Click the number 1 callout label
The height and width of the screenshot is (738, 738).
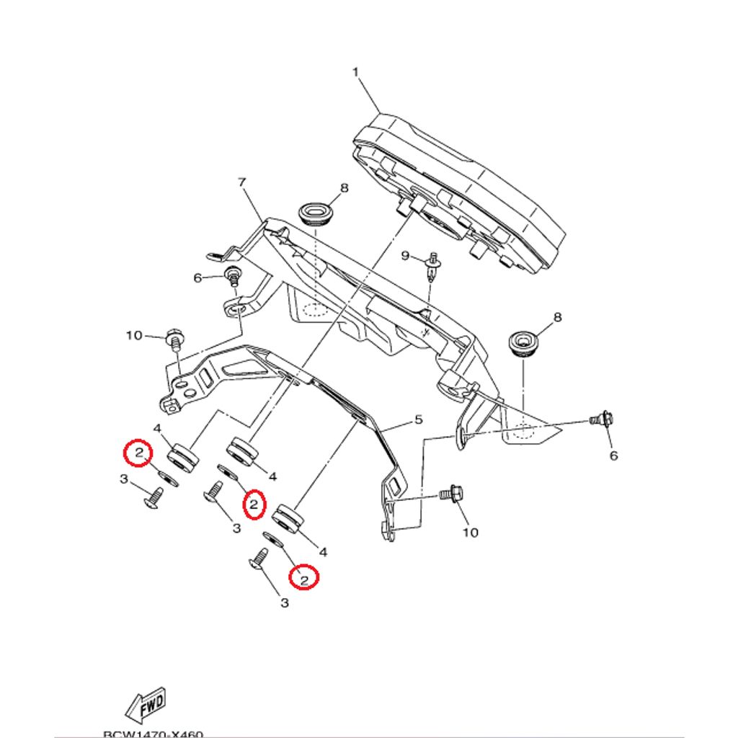click(355, 72)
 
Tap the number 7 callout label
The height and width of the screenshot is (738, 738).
click(242, 182)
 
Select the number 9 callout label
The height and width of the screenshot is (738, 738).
click(405, 256)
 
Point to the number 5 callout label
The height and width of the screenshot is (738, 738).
click(417, 419)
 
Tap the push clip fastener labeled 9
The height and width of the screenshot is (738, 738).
click(432, 264)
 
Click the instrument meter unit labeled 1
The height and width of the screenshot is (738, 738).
click(461, 191)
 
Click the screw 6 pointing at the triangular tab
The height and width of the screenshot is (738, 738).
click(601, 417)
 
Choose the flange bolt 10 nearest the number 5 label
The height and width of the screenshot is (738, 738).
click(451, 495)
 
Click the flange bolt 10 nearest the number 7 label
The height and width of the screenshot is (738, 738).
click(174, 337)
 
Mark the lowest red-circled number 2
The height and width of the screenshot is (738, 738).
click(304, 577)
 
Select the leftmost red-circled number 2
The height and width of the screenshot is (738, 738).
click(137, 453)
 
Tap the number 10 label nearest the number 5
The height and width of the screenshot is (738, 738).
click(470, 533)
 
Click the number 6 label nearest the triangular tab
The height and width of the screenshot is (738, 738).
click(614, 455)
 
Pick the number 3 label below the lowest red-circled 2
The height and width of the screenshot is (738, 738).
click(284, 603)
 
